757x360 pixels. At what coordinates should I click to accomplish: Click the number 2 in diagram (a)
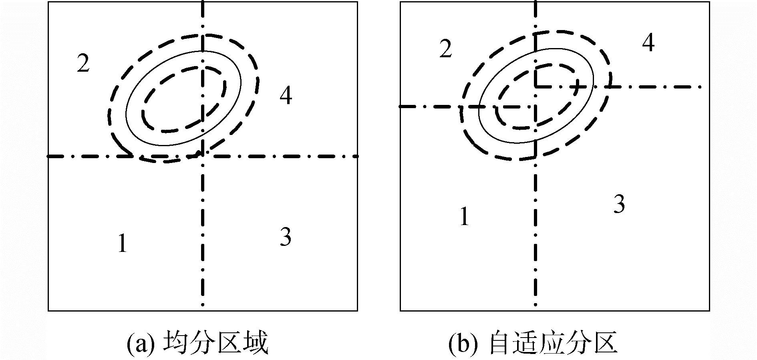click(83, 63)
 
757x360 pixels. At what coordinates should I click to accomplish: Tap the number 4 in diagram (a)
click(286, 96)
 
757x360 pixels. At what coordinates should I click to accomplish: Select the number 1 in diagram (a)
click(122, 243)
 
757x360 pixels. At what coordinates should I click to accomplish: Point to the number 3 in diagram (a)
click(285, 237)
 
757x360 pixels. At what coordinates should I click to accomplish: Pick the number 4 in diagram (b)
click(648, 43)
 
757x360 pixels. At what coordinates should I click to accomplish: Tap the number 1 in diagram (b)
click(464, 217)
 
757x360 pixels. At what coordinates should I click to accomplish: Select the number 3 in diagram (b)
click(619, 204)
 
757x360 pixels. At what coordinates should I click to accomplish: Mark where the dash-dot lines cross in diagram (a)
click(203, 156)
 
